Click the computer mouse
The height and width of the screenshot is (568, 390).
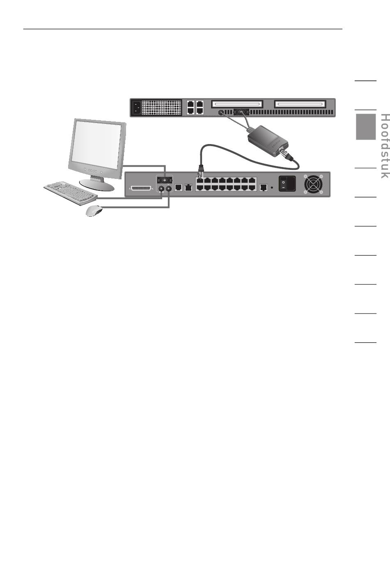pos(94,211)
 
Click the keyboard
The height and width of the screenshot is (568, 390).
pos(71,192)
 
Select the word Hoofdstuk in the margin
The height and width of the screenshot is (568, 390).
pos(384,146)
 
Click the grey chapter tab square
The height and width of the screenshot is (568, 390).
pos(365,126)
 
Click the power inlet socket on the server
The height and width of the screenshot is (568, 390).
pos(136,108)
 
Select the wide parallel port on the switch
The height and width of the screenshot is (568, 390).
pos(142,188)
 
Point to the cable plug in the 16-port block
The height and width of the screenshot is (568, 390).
pos(201,169)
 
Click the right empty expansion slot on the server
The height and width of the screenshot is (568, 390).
pos(300,104)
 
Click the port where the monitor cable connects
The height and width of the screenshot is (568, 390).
pos(165,180)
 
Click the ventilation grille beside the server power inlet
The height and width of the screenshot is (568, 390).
pos(162,108)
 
